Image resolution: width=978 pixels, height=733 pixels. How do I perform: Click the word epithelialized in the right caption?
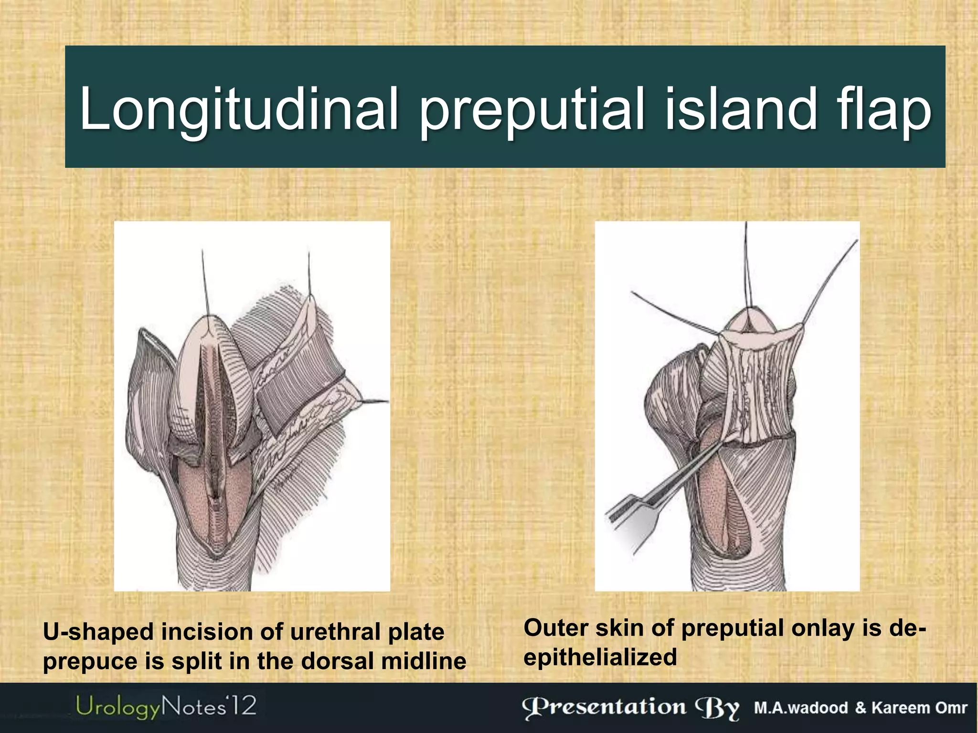pos(600,658)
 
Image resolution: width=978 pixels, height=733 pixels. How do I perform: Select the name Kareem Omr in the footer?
pos(920,708)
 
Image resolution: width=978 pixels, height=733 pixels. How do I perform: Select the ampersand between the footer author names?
pos(861,708)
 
